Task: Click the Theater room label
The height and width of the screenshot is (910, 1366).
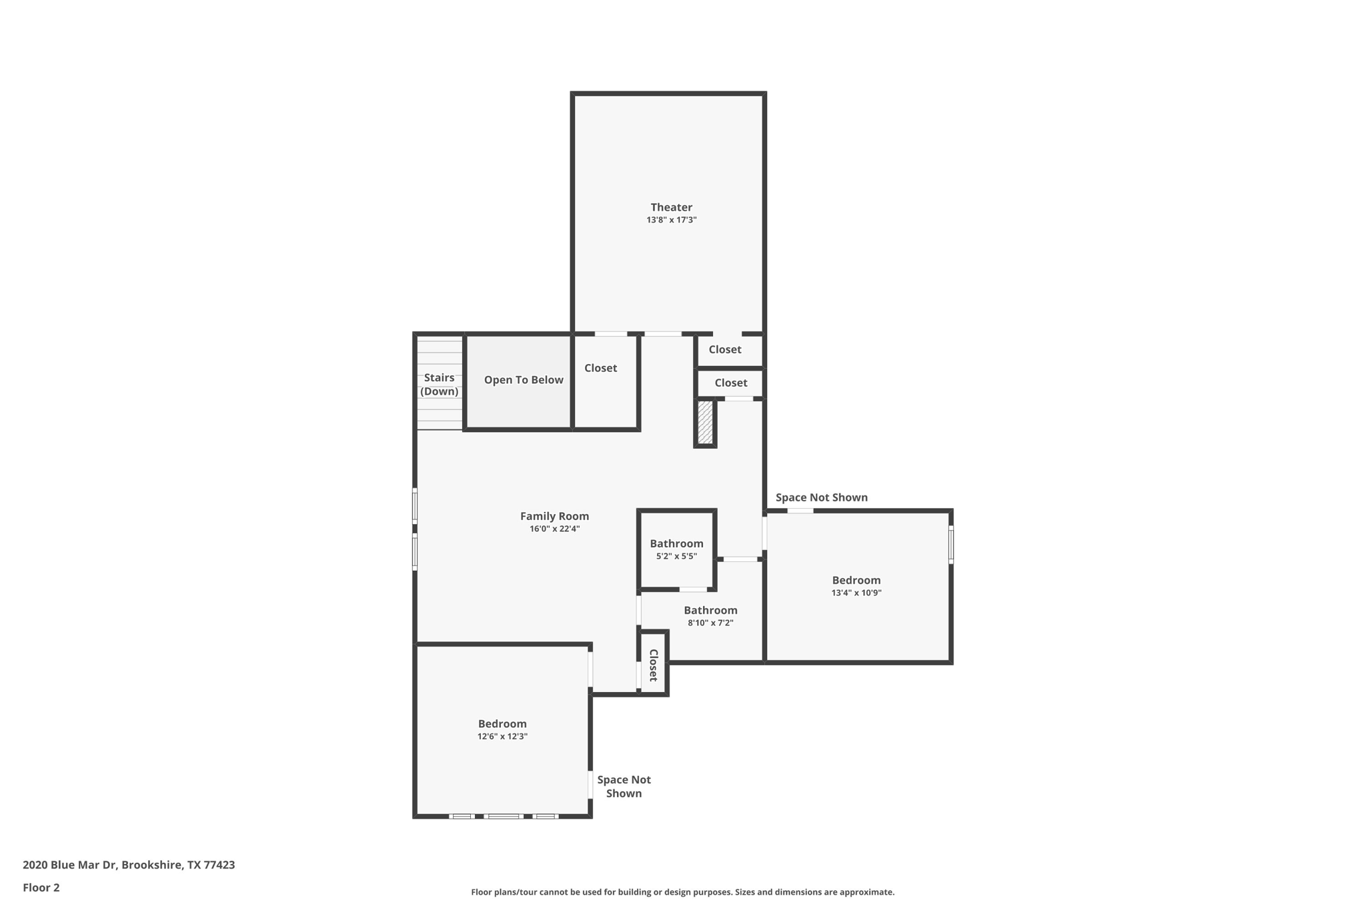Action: [671, 207]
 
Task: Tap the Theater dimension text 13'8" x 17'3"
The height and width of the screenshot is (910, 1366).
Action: [671, 220]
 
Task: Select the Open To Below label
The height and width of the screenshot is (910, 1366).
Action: [524, 380]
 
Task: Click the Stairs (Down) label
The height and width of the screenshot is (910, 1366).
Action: [439, 385]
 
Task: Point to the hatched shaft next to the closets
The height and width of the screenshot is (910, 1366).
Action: [705, 423]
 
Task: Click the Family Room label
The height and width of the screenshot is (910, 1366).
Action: [554, 516]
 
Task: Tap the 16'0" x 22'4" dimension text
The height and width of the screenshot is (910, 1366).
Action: [554, 529]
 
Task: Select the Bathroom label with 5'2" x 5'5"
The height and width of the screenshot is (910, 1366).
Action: [676, 543]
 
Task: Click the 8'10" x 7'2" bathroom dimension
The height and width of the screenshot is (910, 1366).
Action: [710, 623]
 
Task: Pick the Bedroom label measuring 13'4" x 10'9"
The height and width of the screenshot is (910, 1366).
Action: [856, 580]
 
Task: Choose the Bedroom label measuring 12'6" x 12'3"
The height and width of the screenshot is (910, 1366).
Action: [502, 724]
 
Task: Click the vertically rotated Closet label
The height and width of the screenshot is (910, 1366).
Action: [654, 665]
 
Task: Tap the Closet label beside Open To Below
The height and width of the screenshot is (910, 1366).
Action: [600, 368]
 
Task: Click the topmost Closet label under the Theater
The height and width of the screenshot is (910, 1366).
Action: [724, 349]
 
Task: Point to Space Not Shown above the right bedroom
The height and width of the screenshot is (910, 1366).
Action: [821, 497]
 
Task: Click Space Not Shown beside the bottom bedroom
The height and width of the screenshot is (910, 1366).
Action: [624, 787]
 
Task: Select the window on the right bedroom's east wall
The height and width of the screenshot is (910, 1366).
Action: [950, 545]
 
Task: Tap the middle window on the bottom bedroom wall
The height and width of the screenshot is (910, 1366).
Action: [503, 816]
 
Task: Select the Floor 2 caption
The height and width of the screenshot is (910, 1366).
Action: [41, 888]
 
